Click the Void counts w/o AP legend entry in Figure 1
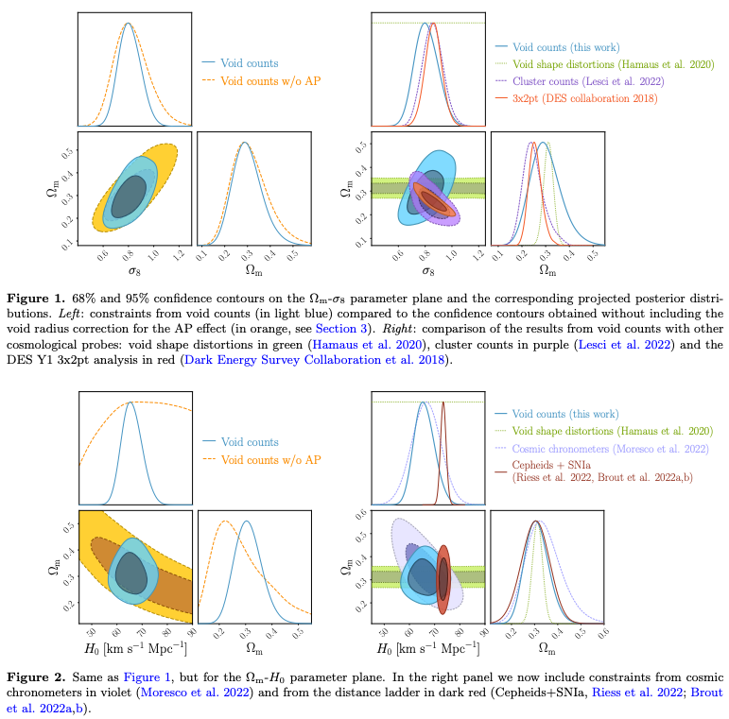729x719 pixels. [x=270, y=80]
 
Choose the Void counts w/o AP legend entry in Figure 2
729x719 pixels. [x=270, y=460]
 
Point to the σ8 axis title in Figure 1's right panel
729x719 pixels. [x=427, y=270]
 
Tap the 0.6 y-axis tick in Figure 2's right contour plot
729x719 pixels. [x=361, y=516]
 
